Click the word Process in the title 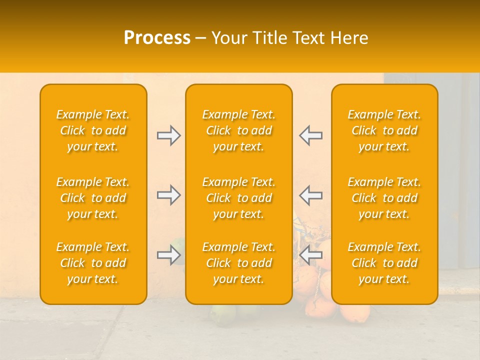point(157,38)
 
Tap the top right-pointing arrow point(168,135)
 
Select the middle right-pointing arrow point(168,195)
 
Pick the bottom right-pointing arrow point(168,255)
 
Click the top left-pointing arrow point(310,135)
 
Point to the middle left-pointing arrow point(310,195)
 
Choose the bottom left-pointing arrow point(310,255)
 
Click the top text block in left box point(93,130)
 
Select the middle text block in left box point(93,198)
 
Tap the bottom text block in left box point(93,263)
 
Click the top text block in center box point(239,130)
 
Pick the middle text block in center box point(239,198)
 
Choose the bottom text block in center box point(239,263)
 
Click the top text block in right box point(384,130)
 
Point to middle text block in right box point(384,198)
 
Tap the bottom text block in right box point(384,263)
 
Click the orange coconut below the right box point(355,313)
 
